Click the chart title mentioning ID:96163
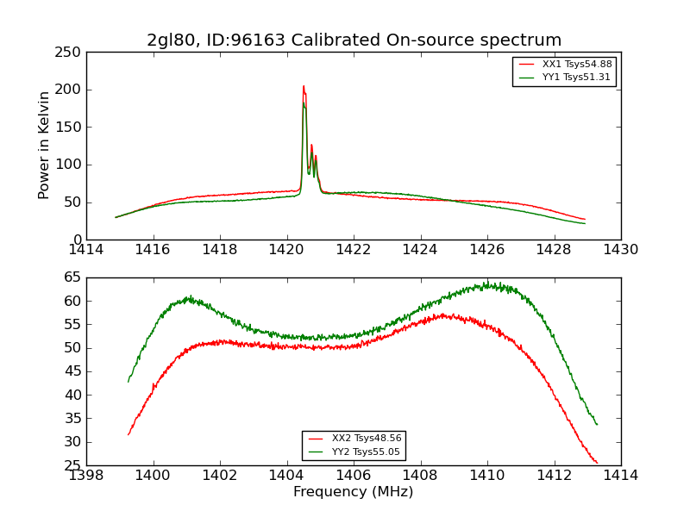coord(354,40)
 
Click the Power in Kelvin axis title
coord(44,146)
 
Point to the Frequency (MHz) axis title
coord(354,492)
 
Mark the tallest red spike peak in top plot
coord(304,86)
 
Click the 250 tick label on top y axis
coord(71,53)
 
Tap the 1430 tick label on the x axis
coord(620,250)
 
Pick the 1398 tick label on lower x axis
coord(87,475)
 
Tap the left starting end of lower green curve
coord(129,382)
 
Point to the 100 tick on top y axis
coord(71,165)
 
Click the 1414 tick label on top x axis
coord(87,250)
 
